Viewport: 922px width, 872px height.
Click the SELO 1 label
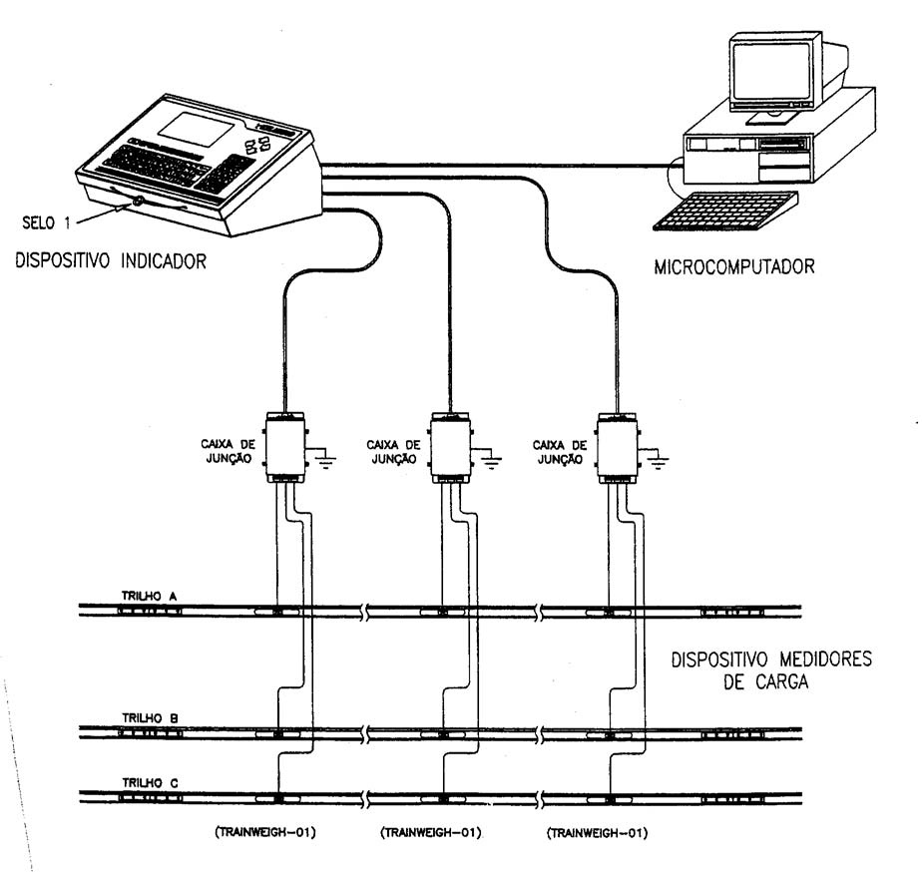46,223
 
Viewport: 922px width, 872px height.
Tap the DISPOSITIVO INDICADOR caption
111,261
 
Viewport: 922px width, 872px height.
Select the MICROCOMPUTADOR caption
734,267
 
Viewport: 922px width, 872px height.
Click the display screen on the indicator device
194,130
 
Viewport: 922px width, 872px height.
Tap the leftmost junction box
285,448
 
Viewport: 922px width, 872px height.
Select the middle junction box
451,448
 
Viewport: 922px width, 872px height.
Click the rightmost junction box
618,448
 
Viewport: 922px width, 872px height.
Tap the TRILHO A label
149,597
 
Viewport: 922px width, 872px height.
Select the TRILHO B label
150,718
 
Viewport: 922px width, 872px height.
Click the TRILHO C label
150,782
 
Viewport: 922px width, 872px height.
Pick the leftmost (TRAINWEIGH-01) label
265,832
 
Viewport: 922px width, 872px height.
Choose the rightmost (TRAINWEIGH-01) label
598,833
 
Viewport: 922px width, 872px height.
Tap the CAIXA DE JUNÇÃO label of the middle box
393,452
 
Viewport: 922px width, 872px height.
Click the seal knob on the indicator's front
138,202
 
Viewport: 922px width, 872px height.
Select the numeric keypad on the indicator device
226,174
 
